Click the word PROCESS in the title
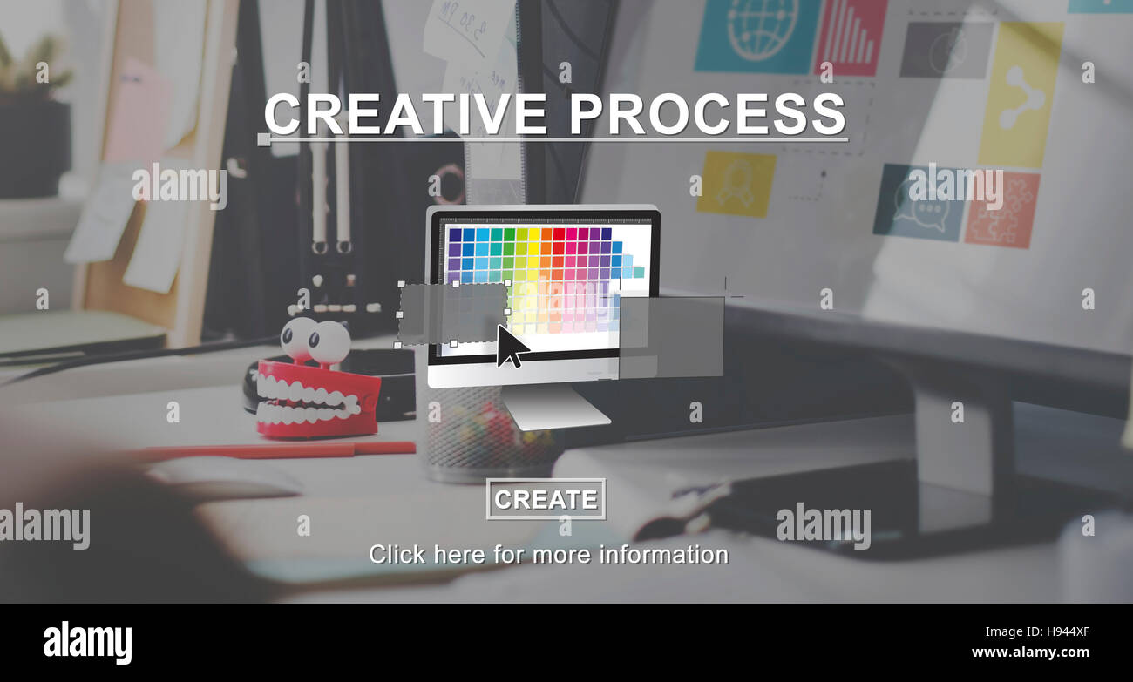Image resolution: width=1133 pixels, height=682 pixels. click(707, 114)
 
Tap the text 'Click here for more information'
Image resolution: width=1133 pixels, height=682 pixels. click(548, 554)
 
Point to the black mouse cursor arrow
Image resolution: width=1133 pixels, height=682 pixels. click(511, 346)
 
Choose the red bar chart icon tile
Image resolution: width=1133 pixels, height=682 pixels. click(850, 37)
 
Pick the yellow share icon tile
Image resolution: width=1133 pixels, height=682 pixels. click(1020, 95)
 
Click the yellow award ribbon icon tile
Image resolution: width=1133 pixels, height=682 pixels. click(736, 184)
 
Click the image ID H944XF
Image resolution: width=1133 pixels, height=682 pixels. click(1067, 632)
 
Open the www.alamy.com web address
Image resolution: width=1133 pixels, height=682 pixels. click(1030, 652)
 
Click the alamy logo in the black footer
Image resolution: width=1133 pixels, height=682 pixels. click(87, 642)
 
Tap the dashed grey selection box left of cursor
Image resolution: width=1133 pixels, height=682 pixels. click(453, 314)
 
